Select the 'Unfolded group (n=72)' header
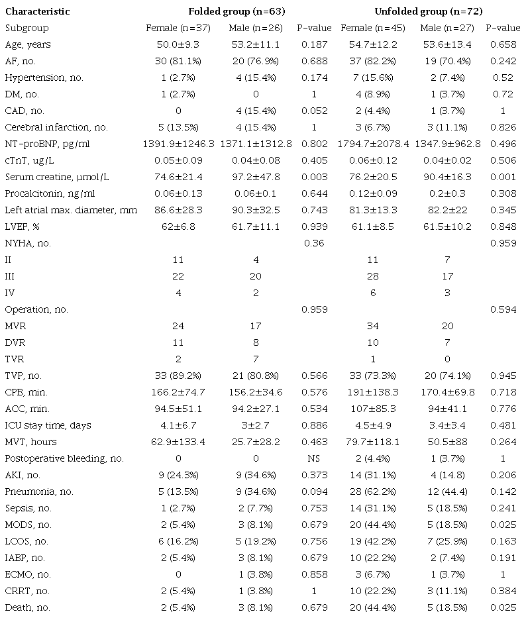419,12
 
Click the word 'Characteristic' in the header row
37,12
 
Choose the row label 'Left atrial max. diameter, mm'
71,211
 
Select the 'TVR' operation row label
15,359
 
